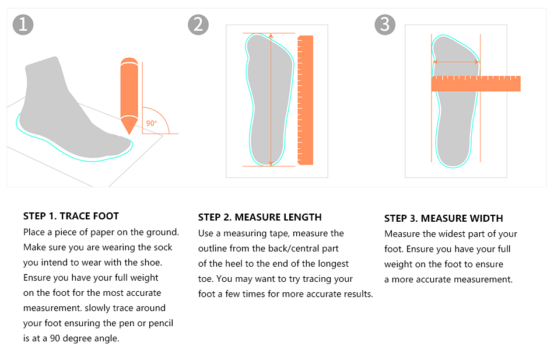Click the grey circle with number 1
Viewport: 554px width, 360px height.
click(23, 25)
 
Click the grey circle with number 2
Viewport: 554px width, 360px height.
click(198, 25)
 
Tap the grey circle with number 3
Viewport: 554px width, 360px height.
click(385, 25)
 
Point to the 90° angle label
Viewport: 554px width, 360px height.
click(152, 123)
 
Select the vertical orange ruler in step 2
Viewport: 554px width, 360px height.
click(306, 99)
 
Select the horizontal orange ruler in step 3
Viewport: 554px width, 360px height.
click(475, 83)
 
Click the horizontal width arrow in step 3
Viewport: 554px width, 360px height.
click(456, 62)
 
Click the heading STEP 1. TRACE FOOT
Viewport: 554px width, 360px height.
click(71, 216)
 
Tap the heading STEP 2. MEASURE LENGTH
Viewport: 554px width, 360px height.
click(260, 217)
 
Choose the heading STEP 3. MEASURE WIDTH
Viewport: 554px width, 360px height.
click(443, 218)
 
